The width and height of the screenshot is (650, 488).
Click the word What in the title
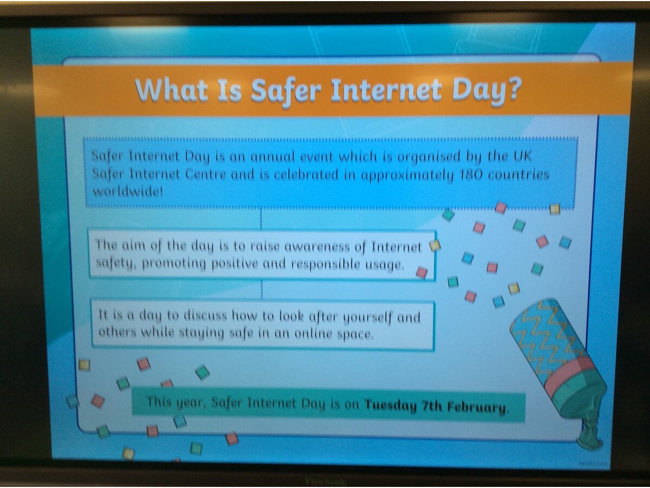(x=172, y=91)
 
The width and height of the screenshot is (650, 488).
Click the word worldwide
(x=128, y=191)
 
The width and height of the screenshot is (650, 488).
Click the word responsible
(x=326, y=265)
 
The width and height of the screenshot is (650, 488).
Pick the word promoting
(x=174, y=264)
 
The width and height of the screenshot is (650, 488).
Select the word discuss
(x=205, y=316)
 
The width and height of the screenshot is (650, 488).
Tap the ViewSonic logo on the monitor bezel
(x=325, y=482)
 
